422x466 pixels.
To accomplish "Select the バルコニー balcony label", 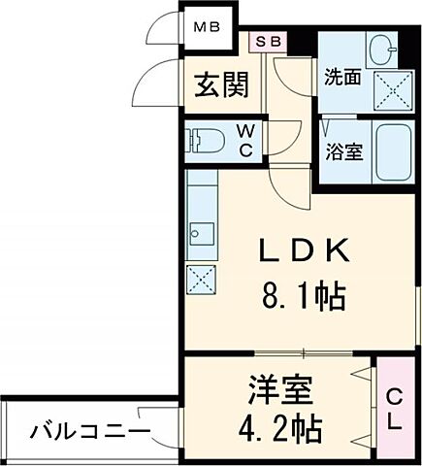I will pyautogui.click(x=88, y=430).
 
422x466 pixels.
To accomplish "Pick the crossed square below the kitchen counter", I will pyautogui.click(x=202, y=281).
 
